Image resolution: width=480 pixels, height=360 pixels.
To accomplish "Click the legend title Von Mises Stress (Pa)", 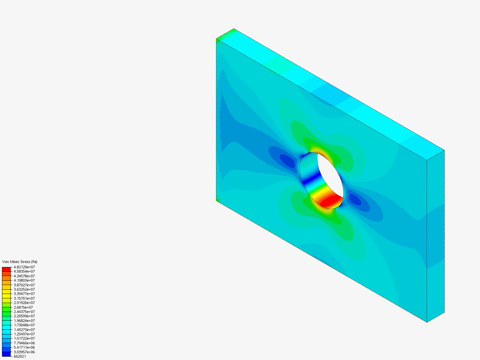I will (20, 262).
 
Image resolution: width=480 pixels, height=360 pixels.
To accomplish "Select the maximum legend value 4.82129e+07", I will (24, 267).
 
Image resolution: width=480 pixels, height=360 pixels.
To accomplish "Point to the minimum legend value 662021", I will (20, 356).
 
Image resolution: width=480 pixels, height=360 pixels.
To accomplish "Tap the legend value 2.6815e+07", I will (23, 307).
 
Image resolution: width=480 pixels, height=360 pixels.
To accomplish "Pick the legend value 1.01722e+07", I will (24, 338).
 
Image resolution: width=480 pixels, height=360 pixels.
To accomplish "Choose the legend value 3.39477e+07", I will (24, 294).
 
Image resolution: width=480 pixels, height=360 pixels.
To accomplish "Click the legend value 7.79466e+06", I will (24, 343).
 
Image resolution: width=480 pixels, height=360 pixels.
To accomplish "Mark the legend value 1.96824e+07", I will (24, 321).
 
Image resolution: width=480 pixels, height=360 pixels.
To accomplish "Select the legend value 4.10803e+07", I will (24, 280).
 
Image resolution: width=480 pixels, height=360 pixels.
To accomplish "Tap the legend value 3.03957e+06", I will (24, 352).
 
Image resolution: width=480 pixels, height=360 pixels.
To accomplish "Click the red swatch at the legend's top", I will (6, 269).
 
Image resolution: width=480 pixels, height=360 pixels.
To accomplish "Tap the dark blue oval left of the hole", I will (287, 161).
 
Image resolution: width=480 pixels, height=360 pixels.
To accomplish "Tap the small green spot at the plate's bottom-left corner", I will (217, 200).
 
